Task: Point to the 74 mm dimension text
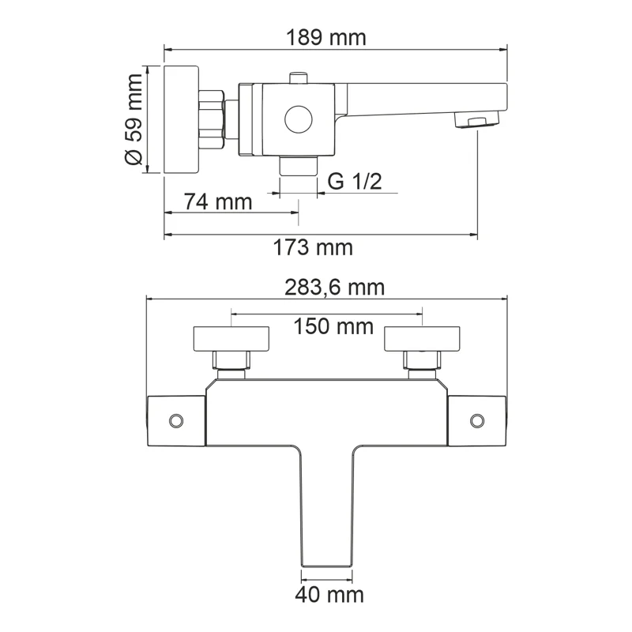tap(217, 201)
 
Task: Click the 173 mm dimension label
tap(313, 247)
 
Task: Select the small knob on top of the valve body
tap(298, 77)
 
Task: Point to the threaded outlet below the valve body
tap(299, 165)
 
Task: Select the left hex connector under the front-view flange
tap(231, 362)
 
